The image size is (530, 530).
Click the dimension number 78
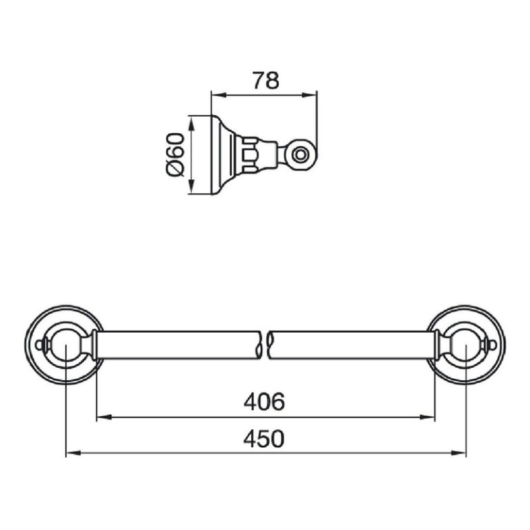[x=266, y=80]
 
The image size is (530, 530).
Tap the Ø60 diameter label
[x=175, y=155]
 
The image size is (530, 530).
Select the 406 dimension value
[x=264, y=402]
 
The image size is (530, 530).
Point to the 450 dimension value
[x=264, y=438]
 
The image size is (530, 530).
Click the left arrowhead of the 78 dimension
[x=218, y=95]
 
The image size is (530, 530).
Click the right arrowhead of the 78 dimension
[x=309, y=95]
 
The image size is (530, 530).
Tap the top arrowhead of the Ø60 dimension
[x=192, y=124]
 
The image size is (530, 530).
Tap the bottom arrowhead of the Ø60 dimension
[x=192, y=187]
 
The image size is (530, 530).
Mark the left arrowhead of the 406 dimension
[x=104, y=418]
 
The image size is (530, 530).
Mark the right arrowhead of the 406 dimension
[x=427, y=418]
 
